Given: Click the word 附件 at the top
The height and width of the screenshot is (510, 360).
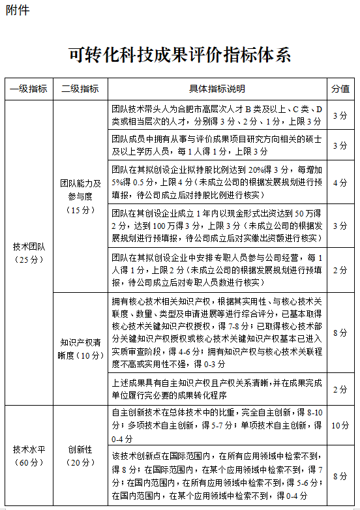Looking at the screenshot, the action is click(x=17, y=11).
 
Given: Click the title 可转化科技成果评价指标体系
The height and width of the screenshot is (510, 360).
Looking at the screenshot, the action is click(x=179, y=55).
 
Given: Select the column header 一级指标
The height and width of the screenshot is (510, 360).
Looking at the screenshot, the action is click(x=29, y=89).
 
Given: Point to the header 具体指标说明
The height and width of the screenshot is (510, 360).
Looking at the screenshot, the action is click(x=217, y=89).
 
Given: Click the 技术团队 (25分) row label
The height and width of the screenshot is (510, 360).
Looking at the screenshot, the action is click(x=29, y=253).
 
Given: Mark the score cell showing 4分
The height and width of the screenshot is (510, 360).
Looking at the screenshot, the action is click(x=340, y=183).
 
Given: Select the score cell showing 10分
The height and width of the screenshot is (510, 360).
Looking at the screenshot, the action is click(x=340, y=425).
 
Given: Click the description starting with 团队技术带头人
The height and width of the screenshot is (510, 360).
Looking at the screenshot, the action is click(x=217, y=115).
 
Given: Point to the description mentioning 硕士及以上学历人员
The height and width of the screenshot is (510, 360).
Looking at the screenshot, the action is click(x=217, y=145).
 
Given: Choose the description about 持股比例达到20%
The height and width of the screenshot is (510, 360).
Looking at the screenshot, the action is click(x=217, y=183).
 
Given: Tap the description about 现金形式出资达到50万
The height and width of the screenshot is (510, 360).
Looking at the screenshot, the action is click(x=217, y=225).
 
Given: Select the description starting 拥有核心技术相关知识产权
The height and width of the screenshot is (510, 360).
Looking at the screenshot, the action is click(x=217, y=333).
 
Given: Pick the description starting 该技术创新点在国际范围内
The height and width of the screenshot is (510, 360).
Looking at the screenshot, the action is click(x=217, y=477).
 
